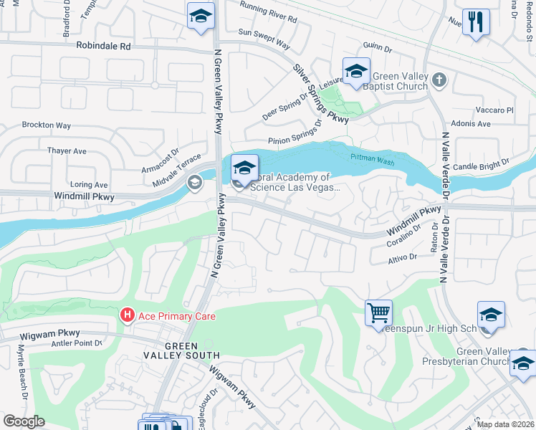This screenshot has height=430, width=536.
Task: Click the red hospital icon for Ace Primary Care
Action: (128, 315)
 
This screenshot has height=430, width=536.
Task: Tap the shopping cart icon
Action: (378, 313)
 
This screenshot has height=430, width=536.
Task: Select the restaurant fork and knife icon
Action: (476, 22)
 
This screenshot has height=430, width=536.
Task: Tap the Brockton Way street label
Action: (47, 125)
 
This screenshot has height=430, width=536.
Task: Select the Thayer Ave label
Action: (67, 151)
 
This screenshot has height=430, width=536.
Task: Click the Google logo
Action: (24, 421)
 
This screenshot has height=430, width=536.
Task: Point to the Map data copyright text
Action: (504, 424)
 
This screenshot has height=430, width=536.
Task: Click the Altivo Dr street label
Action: (403, 256)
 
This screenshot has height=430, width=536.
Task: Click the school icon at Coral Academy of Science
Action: (244, 169)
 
